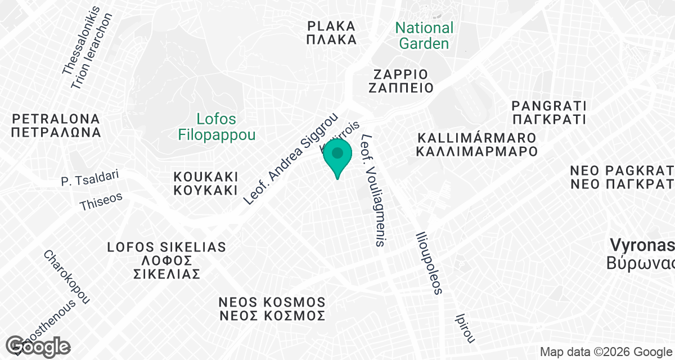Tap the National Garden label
424,35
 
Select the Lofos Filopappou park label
217,127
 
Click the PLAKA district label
332,33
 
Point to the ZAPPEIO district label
401,81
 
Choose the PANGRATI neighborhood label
549,112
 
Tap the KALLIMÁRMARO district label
476,145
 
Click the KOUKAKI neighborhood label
206,183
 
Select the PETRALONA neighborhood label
55,126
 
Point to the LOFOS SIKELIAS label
167,260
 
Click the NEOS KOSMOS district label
272,309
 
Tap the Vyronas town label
642,254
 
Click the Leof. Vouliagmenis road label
375,190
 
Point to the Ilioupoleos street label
429,263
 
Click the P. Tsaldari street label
90,178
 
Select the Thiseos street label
101,200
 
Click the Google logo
38,345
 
